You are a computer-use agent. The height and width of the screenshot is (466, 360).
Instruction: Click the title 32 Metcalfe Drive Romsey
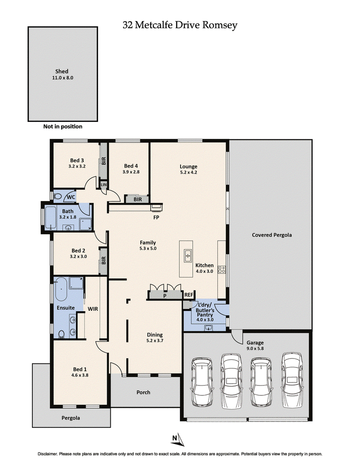(x=180, y=25)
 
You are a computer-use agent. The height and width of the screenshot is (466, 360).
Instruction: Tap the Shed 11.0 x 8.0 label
(x=62, y=74)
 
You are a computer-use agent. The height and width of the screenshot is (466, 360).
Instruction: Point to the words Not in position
(x=63, y=126)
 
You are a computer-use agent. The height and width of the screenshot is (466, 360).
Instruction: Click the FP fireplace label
(x=157, y=217)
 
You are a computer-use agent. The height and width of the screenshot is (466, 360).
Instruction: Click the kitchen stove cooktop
(x=221, y=269)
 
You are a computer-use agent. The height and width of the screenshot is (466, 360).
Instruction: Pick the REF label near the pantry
(x=189, y=295)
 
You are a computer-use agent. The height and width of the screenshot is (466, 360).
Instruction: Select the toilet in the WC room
(x=58, y=197)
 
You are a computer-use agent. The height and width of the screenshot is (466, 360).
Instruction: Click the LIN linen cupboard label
(x=103, y=184)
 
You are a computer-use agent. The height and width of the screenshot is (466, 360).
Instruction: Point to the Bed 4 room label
(x=131, y=168)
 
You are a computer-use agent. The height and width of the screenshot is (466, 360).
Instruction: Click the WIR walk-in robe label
(x=93, y=309)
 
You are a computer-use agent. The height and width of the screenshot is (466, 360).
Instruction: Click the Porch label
(x=143, y=392)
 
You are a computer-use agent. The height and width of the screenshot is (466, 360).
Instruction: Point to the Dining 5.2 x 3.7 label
(x=155, y=338)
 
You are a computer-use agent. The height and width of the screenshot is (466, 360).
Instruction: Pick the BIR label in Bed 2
(x=103, y=261)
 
